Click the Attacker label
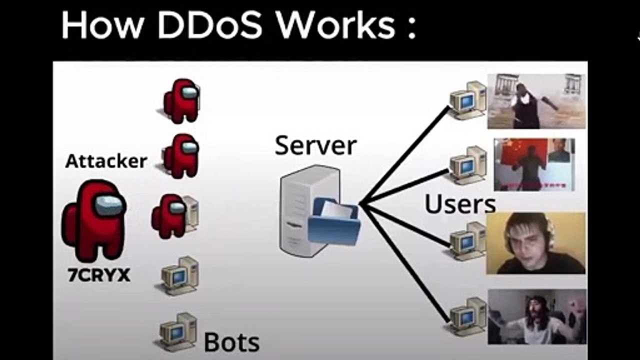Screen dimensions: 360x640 pos(106,161)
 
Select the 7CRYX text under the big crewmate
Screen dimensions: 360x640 pos(98,275)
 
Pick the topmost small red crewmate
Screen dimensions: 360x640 pos(181,101)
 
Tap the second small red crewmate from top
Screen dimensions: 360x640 pos(180,156)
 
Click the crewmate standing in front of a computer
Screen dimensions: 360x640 pos(170,216)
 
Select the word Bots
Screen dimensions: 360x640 pos(231,342)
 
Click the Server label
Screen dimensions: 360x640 pos(315,145)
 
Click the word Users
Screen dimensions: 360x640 pos(459,204)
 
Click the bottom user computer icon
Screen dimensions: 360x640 pos(468,316)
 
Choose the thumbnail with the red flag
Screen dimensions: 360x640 pos(534,164)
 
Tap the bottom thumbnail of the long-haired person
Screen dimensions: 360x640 pos(537,316)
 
